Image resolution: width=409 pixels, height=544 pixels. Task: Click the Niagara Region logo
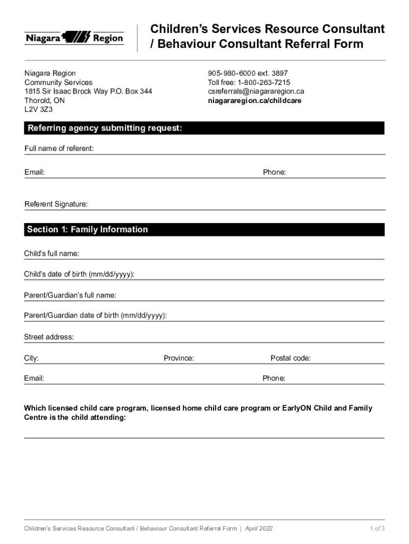74,38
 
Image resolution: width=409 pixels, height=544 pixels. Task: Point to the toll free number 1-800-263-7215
263,82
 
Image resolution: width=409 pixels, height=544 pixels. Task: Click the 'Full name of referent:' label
59,148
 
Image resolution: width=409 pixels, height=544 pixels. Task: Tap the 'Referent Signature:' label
56,204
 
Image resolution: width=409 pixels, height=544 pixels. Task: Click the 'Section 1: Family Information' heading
88,229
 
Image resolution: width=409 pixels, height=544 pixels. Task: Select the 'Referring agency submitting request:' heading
105,128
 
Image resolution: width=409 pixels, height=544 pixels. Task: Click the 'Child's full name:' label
52,253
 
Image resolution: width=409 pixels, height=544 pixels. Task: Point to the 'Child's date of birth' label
79,274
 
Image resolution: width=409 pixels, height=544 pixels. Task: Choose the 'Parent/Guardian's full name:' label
70,295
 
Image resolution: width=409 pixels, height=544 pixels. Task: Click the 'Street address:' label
49,337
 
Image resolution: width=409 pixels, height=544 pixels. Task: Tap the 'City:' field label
31,358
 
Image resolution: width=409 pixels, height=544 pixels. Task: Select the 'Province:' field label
178,358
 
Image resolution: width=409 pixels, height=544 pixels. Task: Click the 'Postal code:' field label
291,358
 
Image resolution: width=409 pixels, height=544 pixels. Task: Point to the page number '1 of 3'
377,529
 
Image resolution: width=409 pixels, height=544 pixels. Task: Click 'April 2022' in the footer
259,529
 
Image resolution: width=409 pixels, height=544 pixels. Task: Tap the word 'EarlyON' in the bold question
297,408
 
